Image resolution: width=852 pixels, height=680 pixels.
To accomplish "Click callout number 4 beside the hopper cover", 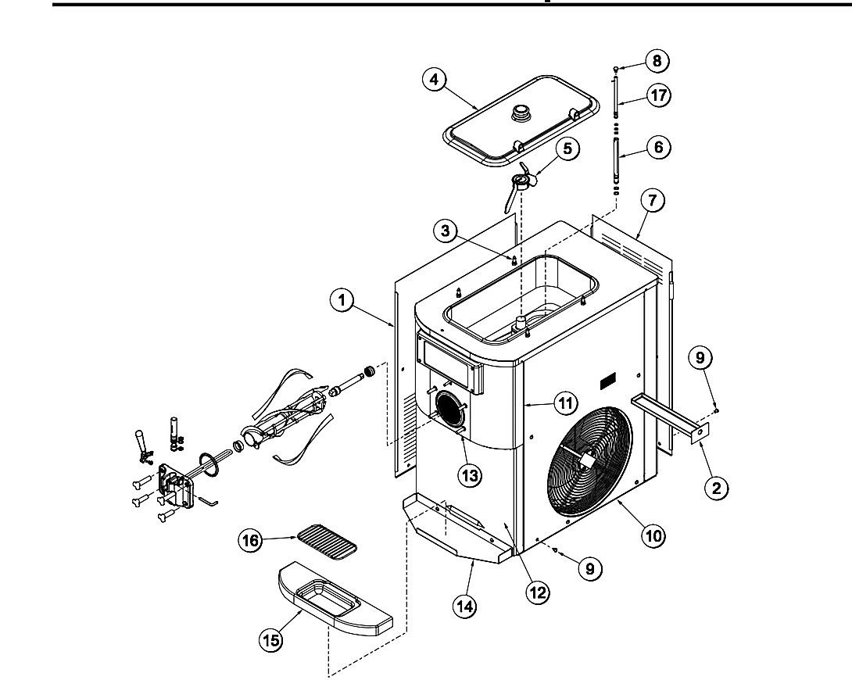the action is [x=434, y=80].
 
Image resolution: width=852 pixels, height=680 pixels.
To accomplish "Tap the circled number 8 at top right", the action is [x=657, y=61].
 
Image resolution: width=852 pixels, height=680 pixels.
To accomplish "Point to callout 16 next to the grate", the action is [x=250, y=540].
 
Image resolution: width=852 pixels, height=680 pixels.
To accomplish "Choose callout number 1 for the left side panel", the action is [x=342, y=300].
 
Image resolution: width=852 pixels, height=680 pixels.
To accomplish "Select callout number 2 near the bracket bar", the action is [x=716, y=487].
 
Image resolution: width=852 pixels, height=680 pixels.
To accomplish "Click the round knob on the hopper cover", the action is [x=521, y=112].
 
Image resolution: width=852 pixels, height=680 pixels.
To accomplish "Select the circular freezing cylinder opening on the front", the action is [x=449, y=411].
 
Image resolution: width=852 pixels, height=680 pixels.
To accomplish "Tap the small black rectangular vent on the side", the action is [x=607, y=384].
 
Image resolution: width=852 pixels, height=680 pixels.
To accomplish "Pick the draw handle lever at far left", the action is [x=141, y=441].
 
